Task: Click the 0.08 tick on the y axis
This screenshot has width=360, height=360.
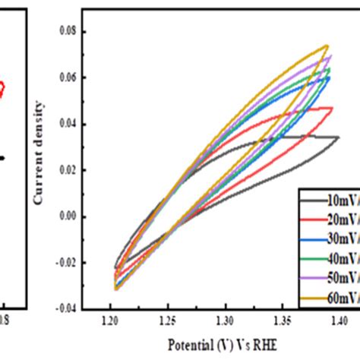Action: [69, 33]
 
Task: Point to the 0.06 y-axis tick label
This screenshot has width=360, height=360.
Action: [69, 78]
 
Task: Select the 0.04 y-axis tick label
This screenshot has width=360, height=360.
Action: [69, 124]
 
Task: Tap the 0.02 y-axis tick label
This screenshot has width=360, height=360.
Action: [69, 170]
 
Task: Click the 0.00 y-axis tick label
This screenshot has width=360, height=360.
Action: [69, 216]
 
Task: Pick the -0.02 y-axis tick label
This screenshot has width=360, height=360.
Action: [68, 262]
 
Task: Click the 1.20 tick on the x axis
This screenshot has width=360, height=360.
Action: [111, 321]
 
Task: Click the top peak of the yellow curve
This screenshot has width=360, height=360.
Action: [327, 46]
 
